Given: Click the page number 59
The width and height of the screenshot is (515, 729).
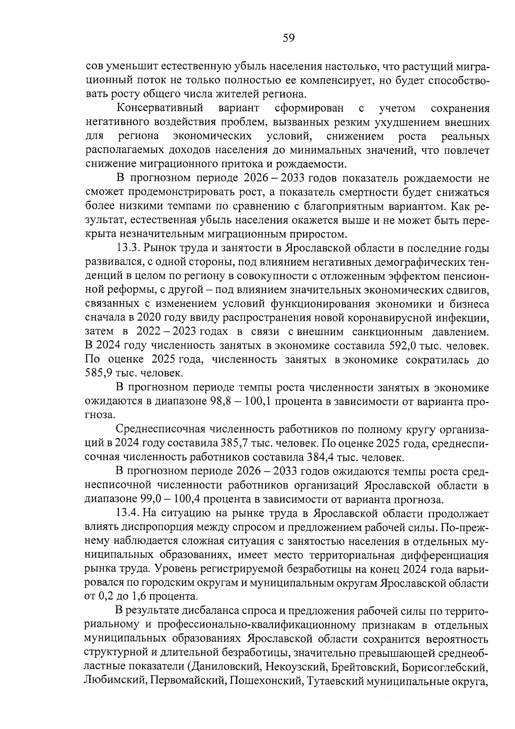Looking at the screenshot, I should point(288,38).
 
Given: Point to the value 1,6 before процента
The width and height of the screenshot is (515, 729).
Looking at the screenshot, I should point(138,597).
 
